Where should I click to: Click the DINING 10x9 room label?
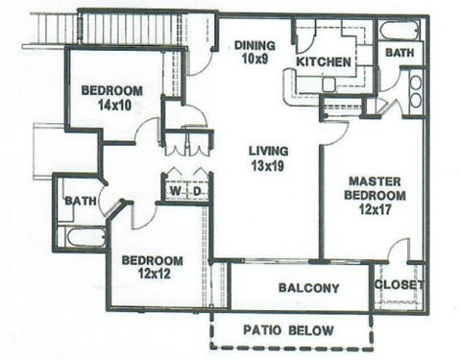tap(253, 51)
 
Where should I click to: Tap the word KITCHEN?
tap(323, 62)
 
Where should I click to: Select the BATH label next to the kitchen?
tap(399, 53)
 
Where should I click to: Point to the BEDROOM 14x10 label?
tap(111, 97)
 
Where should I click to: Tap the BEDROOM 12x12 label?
tap(152, 267)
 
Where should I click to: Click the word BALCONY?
tap(308, 288)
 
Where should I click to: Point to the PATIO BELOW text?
tap(287, 331)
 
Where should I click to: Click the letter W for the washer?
tap(175, 190)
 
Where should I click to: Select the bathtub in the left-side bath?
tap(78, 234)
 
